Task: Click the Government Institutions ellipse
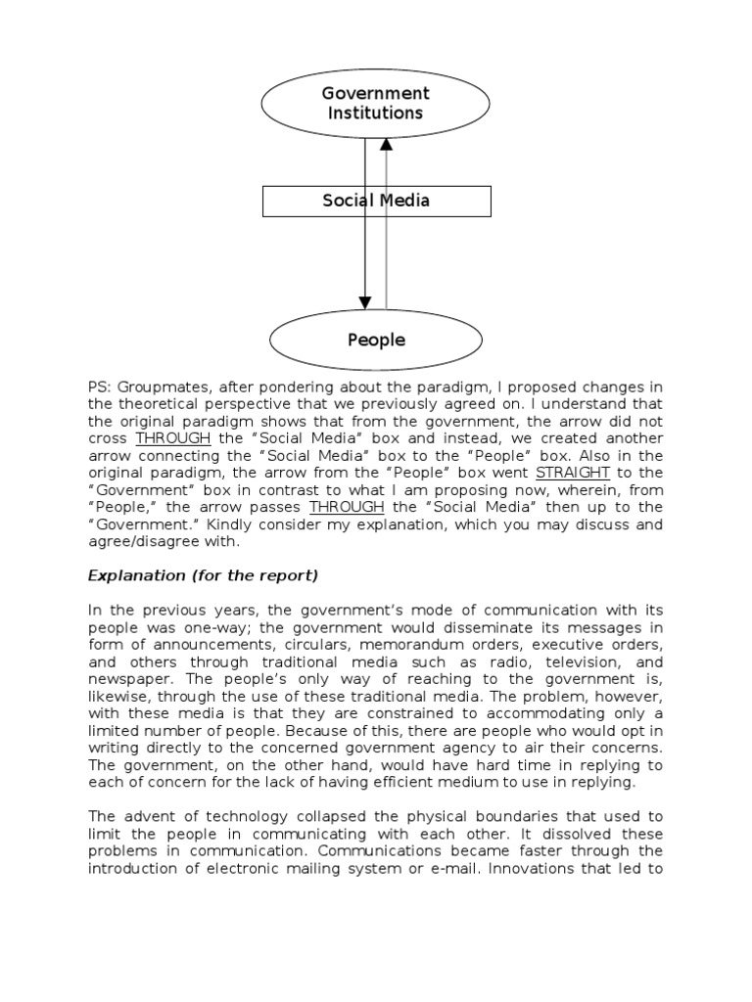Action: (x=376, y=103)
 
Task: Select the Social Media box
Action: (x=376, y=202)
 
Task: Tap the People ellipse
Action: (x=376, y=340)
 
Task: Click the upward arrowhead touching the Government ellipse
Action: (x=387, y=144)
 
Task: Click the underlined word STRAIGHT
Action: (x=573, y=472)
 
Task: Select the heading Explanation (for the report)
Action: (x=203, y=574)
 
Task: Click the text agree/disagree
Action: (x=148, y=542)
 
